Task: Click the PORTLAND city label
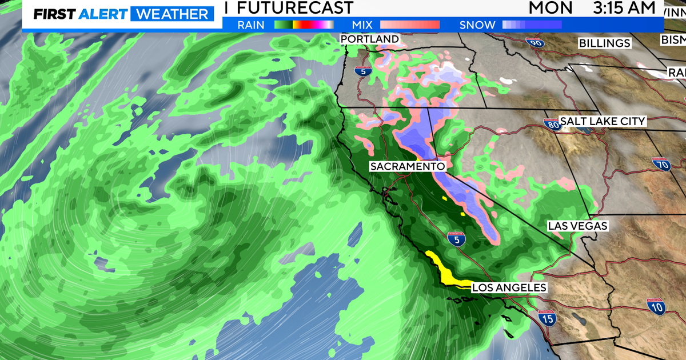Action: (369, 39)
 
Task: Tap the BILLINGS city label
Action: (604, 43)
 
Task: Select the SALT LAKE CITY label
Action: (603, 121)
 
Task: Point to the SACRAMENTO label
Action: (407, 166)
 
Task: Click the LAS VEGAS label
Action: (577, 226)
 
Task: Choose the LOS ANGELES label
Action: (509, 288)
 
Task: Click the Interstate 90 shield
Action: (535, 42)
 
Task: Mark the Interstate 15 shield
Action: (548, 318)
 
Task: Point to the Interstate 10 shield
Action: (655, 306)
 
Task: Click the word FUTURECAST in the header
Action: (294, 8)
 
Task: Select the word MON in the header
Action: (550, 8)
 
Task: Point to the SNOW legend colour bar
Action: (532, 25)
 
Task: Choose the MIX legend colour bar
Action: (409, 25)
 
